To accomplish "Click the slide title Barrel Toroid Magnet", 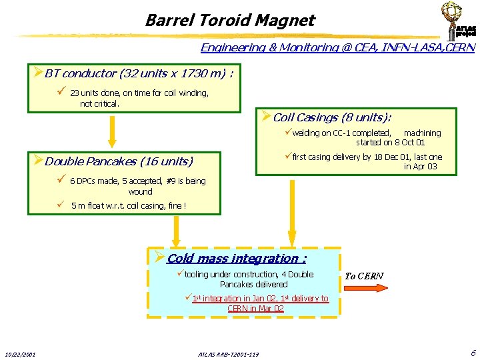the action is click(x=229, y=20).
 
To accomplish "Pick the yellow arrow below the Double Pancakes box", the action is click(x=177, y=231).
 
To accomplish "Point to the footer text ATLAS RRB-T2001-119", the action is click(x=229, y=353).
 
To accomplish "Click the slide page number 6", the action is click(x=473, y=352).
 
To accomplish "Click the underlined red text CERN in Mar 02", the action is click(x=255, y=309).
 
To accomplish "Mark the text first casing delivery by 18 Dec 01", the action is click(x=347, y=157).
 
